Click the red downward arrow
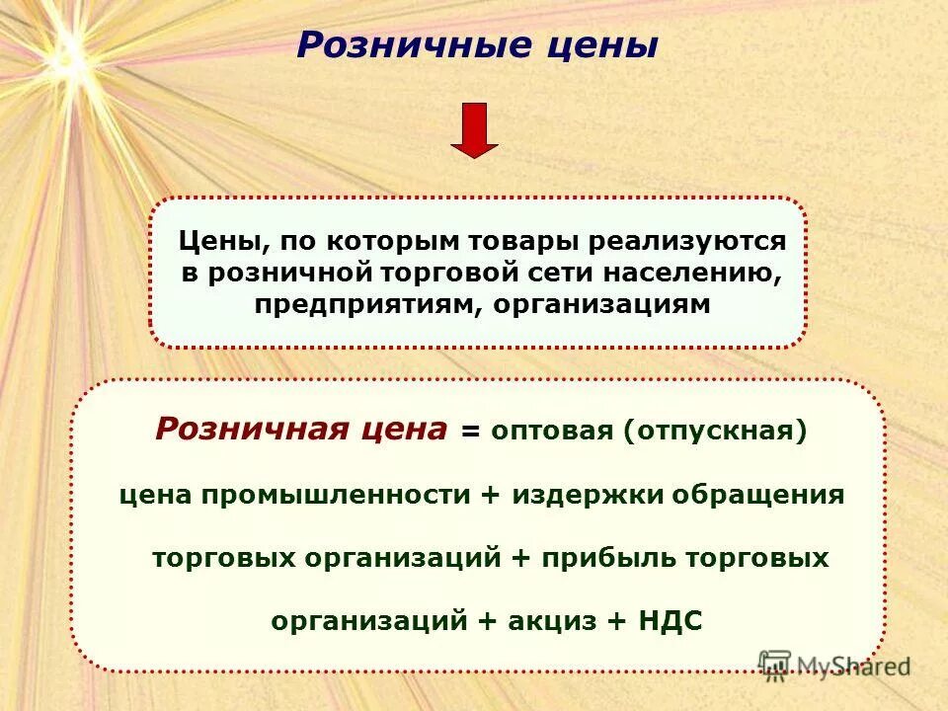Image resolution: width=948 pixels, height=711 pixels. (x=474, y=129)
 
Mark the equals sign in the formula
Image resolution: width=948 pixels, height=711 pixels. (x=471, y=433)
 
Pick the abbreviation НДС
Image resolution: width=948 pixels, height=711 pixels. (x=671, y=621)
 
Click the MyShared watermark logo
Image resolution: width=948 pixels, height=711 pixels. (x=834, y=665)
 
